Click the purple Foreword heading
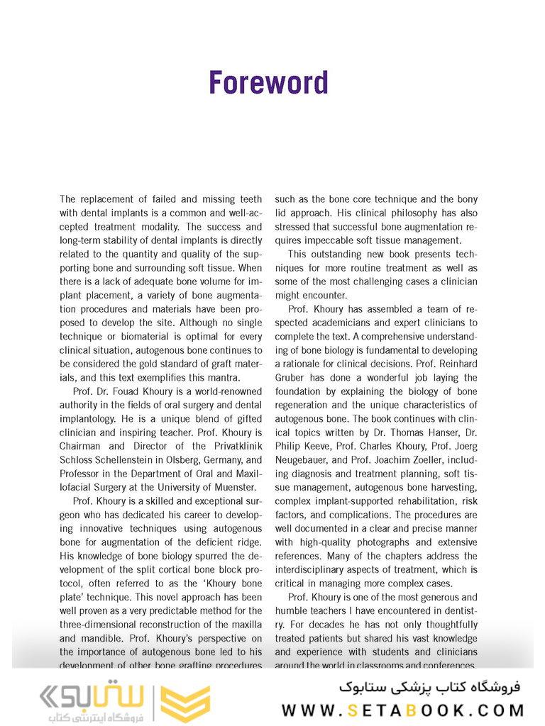point(268,83)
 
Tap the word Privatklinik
point(231,446)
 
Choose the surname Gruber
point(292,378)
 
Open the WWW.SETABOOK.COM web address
point(402,710)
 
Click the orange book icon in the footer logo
point(185,703)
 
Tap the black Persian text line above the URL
point(429,686)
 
